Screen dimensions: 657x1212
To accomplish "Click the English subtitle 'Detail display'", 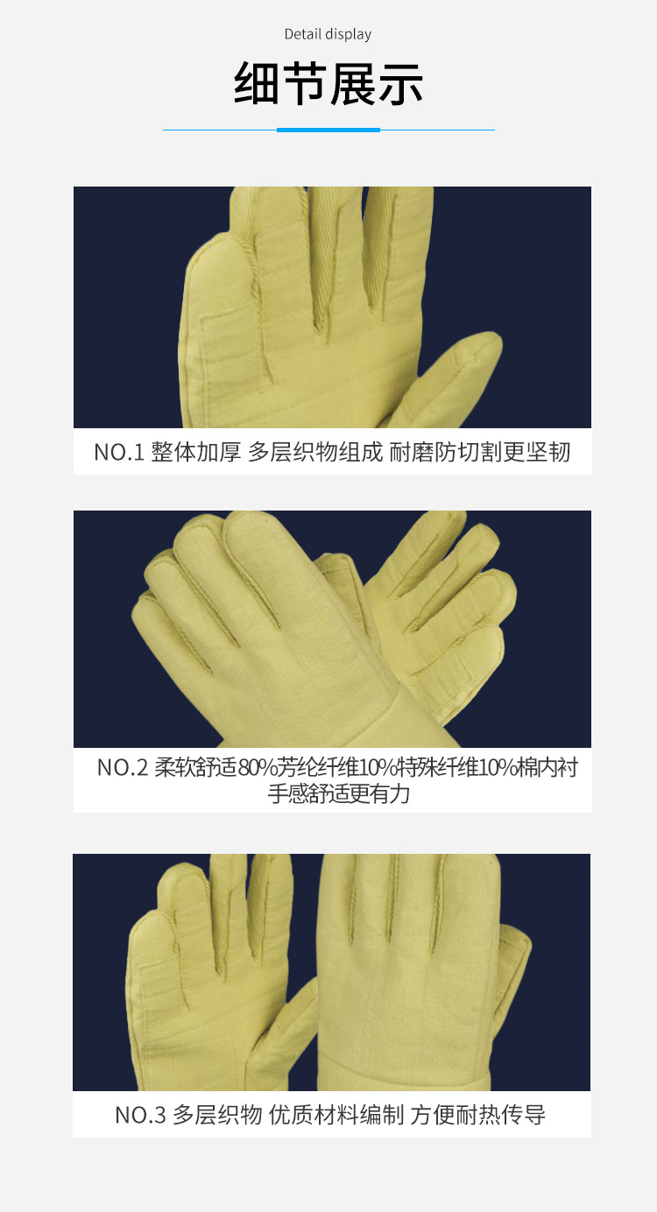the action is tap(328, 35).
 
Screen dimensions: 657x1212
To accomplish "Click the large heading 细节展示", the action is tap(328, 84).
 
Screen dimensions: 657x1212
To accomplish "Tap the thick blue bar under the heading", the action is tap(328, 130).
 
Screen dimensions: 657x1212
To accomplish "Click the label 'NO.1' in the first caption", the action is tap(119, 453).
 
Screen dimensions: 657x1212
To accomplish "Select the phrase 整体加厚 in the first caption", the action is tap(196, 453).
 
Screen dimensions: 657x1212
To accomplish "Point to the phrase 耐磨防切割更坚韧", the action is tap(479, 453).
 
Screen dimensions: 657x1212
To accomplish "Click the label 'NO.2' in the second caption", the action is tap(123, 768).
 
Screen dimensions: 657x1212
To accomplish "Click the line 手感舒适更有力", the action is tap(339, 794).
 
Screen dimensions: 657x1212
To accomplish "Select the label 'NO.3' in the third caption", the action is tap(140, 1115).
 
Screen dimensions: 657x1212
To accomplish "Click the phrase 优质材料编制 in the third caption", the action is tap(336, 1115).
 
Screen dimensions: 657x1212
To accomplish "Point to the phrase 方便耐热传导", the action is tap(478, 1115).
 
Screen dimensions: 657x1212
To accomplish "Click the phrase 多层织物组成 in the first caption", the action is tap(315, 453).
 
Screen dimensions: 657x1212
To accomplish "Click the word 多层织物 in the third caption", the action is tap(217, 1115).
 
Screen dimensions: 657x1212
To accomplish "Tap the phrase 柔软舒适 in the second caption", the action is tap(195, 768).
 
